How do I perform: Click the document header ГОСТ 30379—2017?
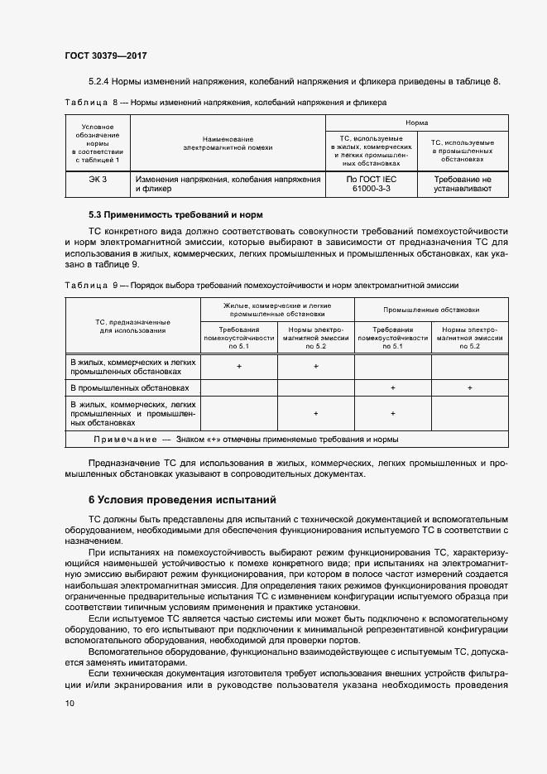pos(105,55)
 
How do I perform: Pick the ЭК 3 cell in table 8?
pos(98,179)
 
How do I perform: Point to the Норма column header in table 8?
pos(416,121)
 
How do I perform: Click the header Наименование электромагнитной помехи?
pos(228,142)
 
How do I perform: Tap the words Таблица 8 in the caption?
pos(87,102)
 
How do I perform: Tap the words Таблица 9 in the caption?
pos(87,284)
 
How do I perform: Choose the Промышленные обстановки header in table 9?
pos(430,310)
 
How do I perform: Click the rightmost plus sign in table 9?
pos(469,387)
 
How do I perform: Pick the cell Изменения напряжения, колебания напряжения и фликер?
pos(228,184)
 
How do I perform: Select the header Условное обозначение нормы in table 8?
pos(98,142)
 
